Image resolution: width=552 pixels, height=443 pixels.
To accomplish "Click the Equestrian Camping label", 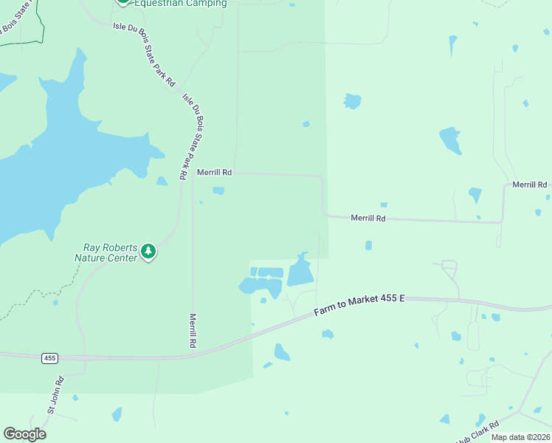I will pyautogui.click(x=180, y=4).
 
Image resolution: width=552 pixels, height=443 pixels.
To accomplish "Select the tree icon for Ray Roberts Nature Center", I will pyautogui.click(x=148, y=252).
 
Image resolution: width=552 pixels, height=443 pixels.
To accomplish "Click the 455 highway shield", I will pyautogui.click(x=49, y=358).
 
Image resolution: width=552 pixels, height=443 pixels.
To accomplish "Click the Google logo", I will pyautogui.click(x=24, y=434).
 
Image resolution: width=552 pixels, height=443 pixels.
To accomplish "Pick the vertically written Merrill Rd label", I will pyautogui.click(x=192, y=330).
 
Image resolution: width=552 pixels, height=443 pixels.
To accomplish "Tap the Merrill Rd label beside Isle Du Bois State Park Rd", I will pyautogui.click(x=215, y=173).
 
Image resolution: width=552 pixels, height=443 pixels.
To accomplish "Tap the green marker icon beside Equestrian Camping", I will pyautogui.click(x=123, y=2).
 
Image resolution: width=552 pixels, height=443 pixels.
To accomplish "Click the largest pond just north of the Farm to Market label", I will pyautogui.click(x=300, y=272).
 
